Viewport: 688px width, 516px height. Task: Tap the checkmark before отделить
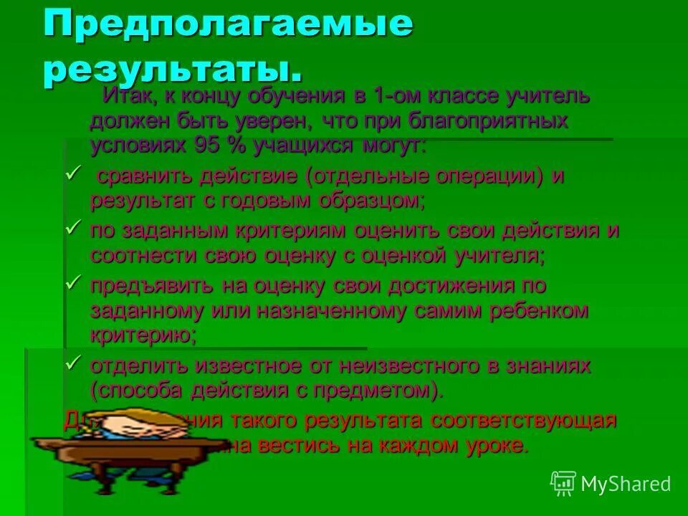tap(72, 363)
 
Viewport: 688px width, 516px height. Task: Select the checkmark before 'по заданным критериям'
tap(72, 227)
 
